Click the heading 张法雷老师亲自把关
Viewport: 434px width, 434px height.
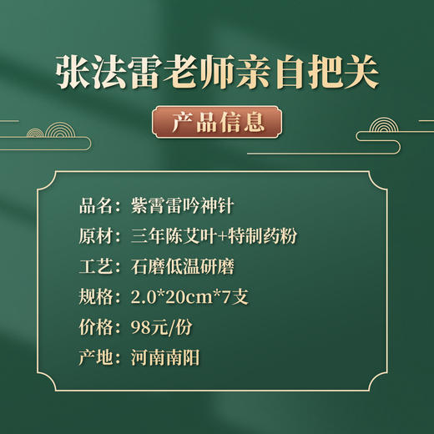pyautogui.click(x=217, y=73)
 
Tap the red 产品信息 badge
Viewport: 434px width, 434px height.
pyautogui.click(x=217, y=123)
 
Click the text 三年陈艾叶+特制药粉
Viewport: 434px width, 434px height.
pyautogui.click(x=214, y=236)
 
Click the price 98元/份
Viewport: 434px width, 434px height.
pyautogui.click(x=162, y=328)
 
